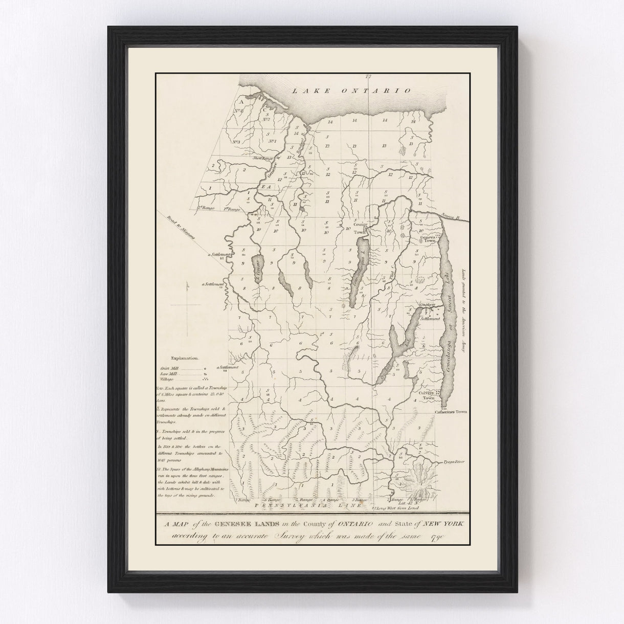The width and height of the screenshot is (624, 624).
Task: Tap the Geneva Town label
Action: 428,238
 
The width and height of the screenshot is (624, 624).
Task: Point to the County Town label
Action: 361,228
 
